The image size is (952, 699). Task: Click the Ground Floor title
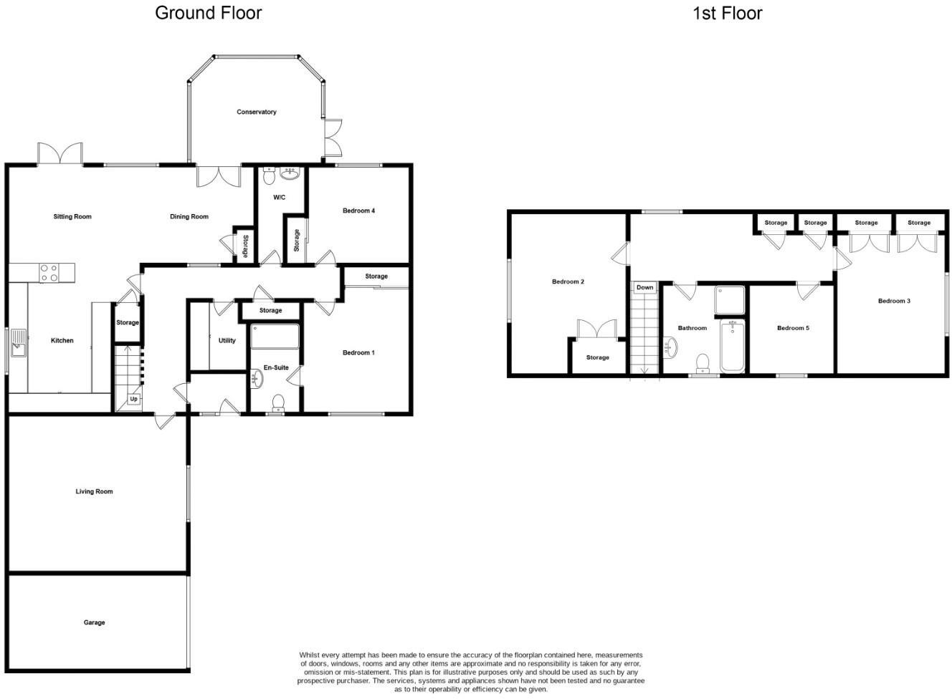tap(208, 13)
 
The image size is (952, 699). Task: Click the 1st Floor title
tap(727, 13)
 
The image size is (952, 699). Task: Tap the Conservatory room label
tap(257, 112)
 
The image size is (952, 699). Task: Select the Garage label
tap(94, 622)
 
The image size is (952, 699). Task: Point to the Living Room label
tap(94, 491)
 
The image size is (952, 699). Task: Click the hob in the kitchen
tap(49, 272)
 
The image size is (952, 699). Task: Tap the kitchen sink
tap(18, 349)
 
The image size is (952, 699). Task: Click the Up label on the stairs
tap(133, 399)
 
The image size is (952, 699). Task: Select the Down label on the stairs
tap(644, 287)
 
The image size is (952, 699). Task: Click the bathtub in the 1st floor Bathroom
tap(733, 346)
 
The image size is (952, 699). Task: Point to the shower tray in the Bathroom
tap(730, 300)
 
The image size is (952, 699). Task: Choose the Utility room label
tap(227, 340)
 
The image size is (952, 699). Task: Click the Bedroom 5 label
tap(793, 328)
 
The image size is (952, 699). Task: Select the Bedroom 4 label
tap(358, 211)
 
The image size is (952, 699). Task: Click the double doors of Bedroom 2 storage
tap(597, 329)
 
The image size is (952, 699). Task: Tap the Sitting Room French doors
tap(60, 154)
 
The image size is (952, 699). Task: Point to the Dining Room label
tap(189, 216)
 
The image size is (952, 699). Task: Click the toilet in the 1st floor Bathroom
tap(703, 362)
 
